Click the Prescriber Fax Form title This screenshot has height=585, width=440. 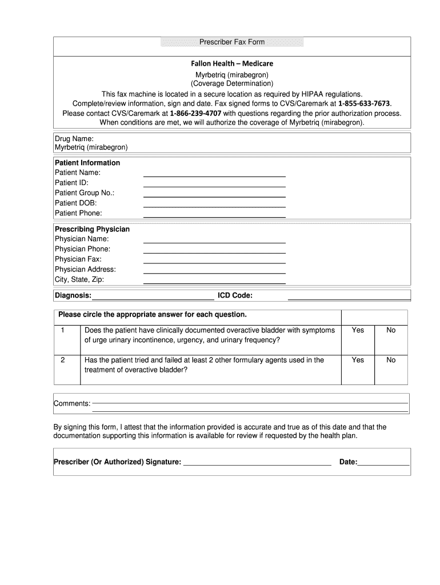[x=231, y=43]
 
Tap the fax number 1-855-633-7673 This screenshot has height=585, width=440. [x=365, y=103]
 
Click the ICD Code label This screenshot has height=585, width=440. [x=235, y=295]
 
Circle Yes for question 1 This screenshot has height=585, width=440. [x=358, y=330]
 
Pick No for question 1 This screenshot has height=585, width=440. [x=391, y=330]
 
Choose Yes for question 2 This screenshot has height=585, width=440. [x=358, y=360]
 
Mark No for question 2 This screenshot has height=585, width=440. [x=391, y=360]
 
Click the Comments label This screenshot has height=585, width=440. [x=72, y=404]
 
